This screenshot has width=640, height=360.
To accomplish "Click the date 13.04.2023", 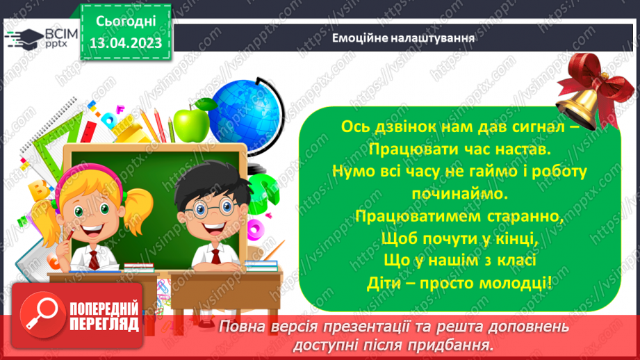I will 126,44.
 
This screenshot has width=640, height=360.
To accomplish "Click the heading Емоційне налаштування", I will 403,38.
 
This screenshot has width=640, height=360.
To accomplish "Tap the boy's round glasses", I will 204,210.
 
